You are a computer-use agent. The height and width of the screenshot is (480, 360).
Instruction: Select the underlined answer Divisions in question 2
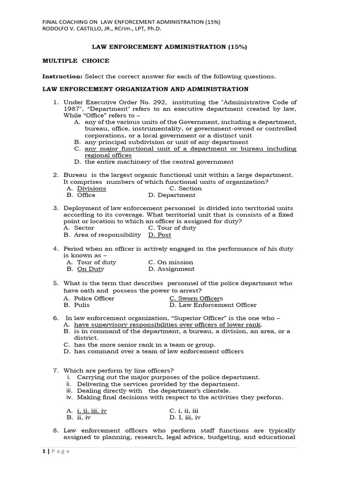coord(91,188)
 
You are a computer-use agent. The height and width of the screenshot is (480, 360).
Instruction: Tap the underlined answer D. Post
coord(159,235)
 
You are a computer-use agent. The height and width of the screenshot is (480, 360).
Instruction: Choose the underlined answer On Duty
coord(90,269)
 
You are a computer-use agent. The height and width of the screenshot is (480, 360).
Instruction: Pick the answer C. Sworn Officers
coord(196,298)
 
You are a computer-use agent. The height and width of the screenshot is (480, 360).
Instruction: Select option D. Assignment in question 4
coord(171,269)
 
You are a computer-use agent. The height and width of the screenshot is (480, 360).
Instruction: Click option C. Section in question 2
coord(185,188)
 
